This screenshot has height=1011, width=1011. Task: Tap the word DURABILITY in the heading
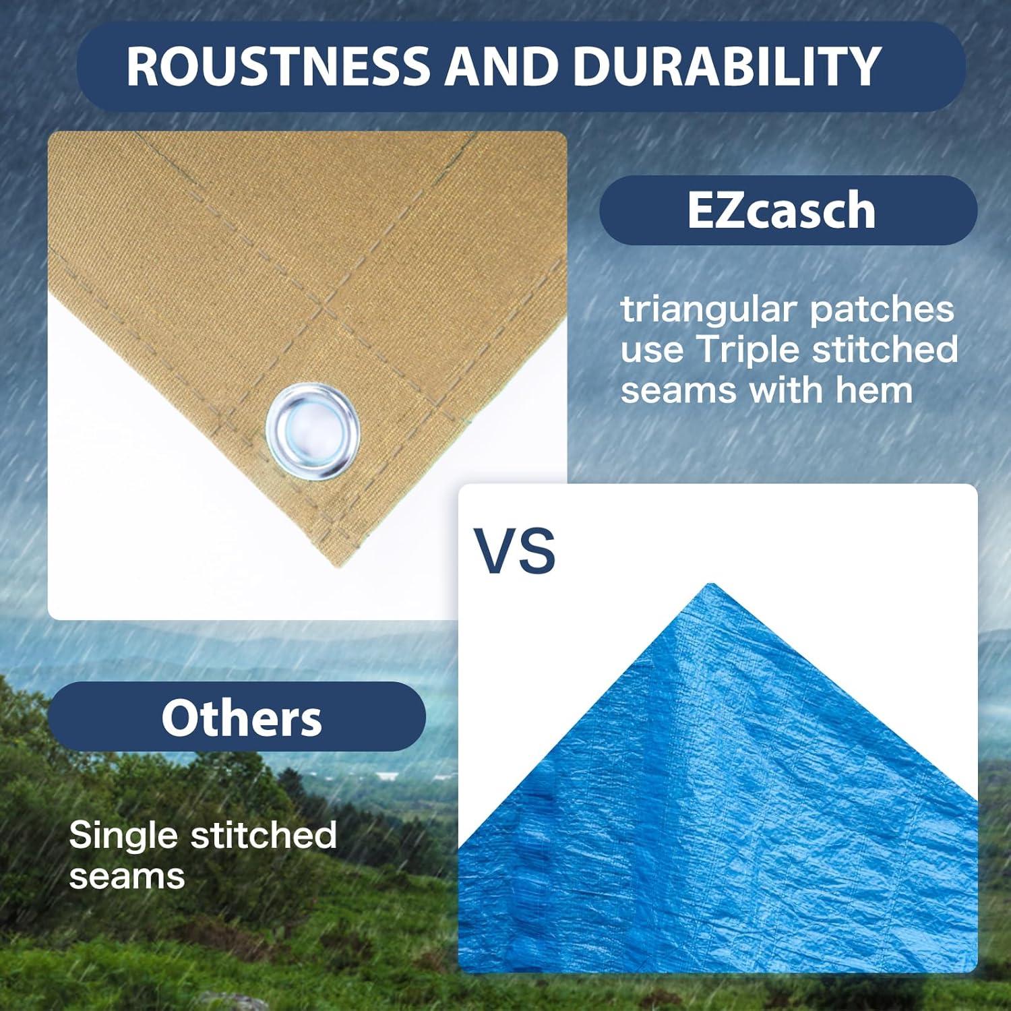tap(727, 66)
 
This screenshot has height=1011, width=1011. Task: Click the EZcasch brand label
tap(781, 210)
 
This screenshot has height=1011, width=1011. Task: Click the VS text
tap(514, 551)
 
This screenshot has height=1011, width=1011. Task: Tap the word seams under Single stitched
tap(127, 876)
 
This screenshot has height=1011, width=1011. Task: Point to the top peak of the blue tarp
tap(710, 585)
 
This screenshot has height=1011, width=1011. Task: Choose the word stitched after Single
tap(264, 835)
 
